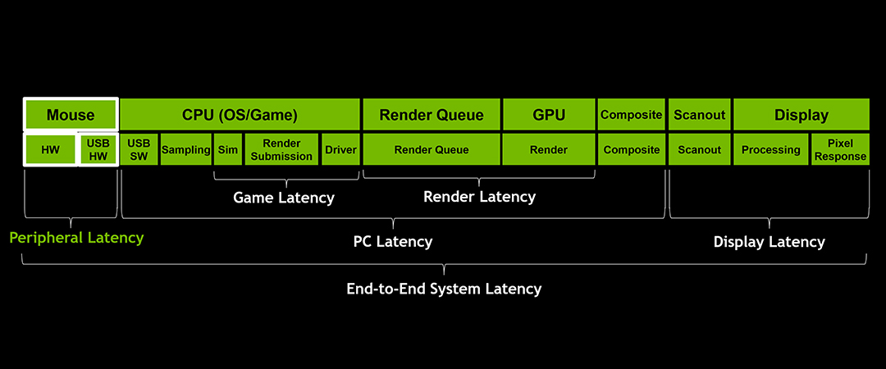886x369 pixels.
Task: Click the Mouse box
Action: tap(71, 115)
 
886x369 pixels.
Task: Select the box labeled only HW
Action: tap(50, 150)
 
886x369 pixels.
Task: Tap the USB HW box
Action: tap(98, 150)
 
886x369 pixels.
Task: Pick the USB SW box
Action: tap(139, 150)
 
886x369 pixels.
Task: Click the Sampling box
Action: tap(186, 150)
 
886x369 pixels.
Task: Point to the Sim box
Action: tap(228, 150)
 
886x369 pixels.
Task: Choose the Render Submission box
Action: tap(281, 150)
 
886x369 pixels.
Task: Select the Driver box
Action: tap(340, 150)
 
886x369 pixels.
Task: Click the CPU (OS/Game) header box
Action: tap(240, 115)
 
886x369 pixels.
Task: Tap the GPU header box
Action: tap(549, 115)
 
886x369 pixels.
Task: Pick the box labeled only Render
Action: tap(549, 150)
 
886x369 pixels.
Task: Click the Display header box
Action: tap(801, 115)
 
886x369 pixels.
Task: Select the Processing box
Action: tap(770, 150)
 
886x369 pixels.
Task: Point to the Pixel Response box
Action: tap(840, 150)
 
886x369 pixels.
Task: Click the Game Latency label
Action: tap(284, 198)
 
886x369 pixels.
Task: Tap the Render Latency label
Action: tap(479, 197)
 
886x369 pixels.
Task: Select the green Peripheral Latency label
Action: tap(76, 238)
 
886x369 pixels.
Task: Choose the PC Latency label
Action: tap(392, 242)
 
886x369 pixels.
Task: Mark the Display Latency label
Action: tap(769, 242)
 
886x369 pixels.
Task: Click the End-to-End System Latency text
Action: tap(444, 289)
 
